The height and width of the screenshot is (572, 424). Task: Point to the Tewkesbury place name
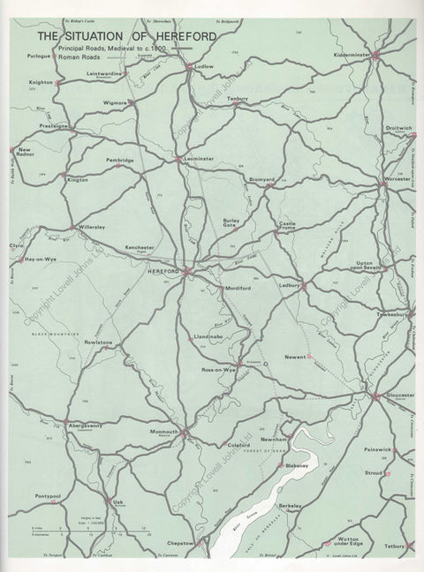[x=392, y=313]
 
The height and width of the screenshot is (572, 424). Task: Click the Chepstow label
[x=180, y=543]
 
